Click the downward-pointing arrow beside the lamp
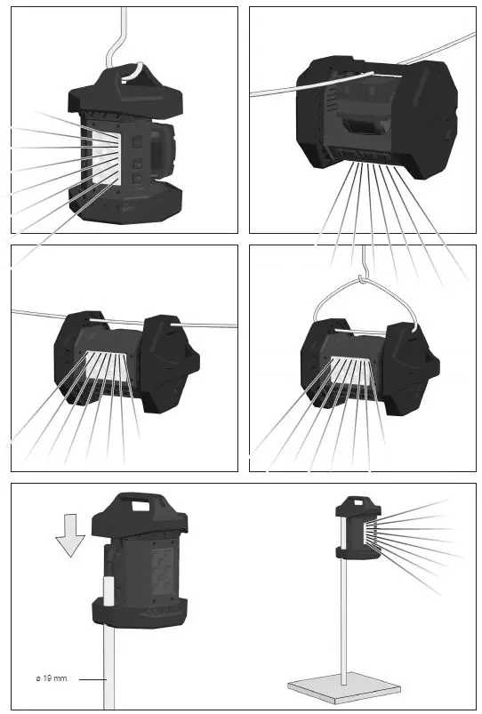[69, 537]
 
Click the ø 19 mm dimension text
[51, 679]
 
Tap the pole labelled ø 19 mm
[108, 667]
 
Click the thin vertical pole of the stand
[341, 622]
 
